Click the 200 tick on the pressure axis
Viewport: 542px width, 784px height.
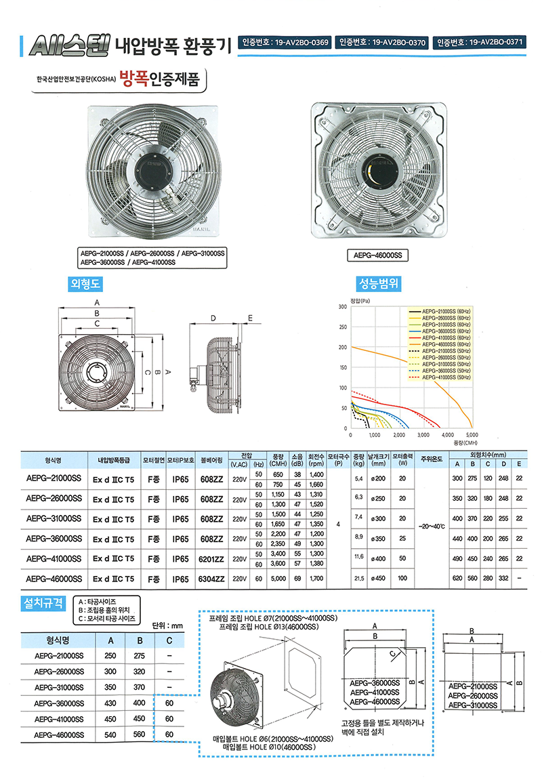click(343, 348)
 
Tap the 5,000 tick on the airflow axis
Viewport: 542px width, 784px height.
click(472, 434)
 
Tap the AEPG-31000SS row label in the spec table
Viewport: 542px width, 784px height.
click(54, 519)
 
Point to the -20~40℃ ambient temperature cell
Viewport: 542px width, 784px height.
click(432, 526)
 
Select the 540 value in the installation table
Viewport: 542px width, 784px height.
click(110, 734)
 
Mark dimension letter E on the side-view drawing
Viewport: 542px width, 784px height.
click(250, 317)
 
